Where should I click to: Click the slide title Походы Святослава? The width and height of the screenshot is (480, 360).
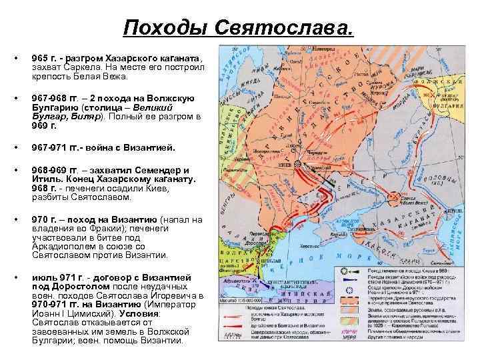[x=239, y=28]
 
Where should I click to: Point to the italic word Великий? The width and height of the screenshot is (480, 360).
[x=154, y=107]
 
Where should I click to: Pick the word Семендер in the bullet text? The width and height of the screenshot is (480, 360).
[x=160, y=170]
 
